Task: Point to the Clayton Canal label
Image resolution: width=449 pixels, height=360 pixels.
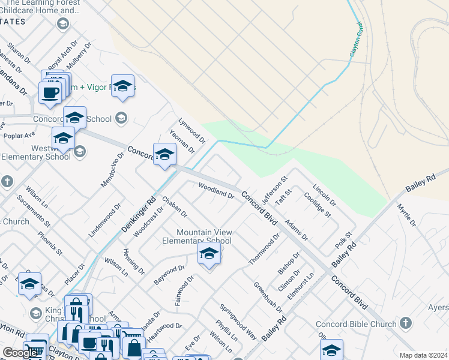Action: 357,40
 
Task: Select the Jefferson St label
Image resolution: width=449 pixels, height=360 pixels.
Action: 275,186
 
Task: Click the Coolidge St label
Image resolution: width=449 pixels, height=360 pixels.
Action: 318,204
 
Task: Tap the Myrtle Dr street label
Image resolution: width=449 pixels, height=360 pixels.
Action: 406,215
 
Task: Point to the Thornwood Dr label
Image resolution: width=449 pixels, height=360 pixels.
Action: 265,249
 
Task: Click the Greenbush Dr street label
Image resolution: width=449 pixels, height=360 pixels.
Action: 268,297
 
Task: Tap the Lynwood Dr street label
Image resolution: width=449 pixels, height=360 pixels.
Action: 192,131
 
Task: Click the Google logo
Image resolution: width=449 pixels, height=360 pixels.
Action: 20,353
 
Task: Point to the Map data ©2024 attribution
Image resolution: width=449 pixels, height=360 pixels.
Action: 423,355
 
